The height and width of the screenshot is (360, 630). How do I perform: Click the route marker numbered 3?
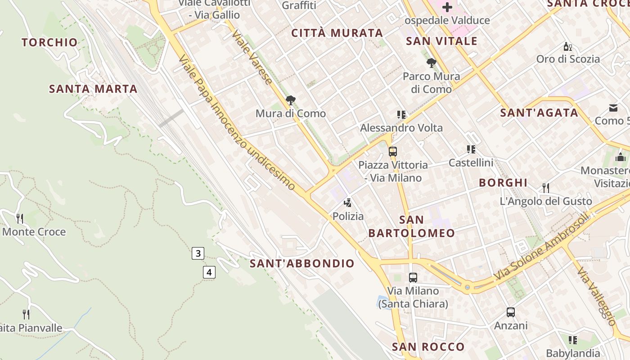tap(198, 253)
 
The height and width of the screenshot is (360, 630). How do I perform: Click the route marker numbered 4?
tap(209, 272)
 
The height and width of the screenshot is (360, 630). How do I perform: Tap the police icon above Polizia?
tap(347, 203)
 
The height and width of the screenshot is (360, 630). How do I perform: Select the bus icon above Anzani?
tap(510, 312)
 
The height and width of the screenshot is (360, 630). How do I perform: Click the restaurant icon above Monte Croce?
tap(20, 219)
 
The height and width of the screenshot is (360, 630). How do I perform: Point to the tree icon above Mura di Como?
tap(291, 100)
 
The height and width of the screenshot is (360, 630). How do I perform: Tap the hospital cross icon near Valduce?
tap(447, 7)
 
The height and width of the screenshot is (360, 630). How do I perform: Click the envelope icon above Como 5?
tap(613, 108)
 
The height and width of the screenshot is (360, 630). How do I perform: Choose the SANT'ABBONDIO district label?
tap(302, 264)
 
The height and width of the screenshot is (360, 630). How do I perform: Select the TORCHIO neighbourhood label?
tap(50, 43)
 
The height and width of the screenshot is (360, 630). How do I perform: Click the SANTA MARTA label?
tap(93, 89)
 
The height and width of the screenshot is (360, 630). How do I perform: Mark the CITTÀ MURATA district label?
tap(337, 33)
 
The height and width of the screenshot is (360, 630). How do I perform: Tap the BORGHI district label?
tap(503, 183)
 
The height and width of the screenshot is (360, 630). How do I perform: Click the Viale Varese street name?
tap(252, 58)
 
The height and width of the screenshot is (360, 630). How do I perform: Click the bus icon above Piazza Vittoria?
tap(393, 152)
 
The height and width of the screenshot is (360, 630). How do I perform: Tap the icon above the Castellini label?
tap(471, 149)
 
